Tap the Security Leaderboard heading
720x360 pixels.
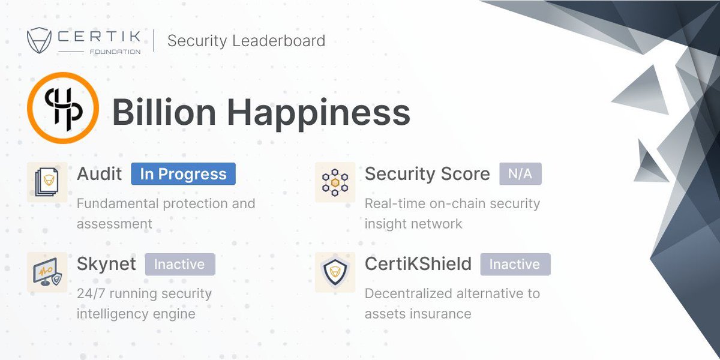click(246, 41)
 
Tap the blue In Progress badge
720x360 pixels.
click(183, 174)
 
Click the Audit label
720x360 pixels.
click(99, 174)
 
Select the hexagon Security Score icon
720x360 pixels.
click(335, 182)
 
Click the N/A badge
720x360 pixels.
click(520, 174)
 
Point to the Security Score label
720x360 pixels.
click(427, 174)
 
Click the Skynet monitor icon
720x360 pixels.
click(47, 272)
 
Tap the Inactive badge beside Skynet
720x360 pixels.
click(179, 264)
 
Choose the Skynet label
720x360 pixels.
click(106, 264)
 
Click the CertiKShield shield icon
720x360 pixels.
click(335, 272)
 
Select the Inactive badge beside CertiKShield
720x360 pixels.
click(515, 264)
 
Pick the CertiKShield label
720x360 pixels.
click(418, 264)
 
